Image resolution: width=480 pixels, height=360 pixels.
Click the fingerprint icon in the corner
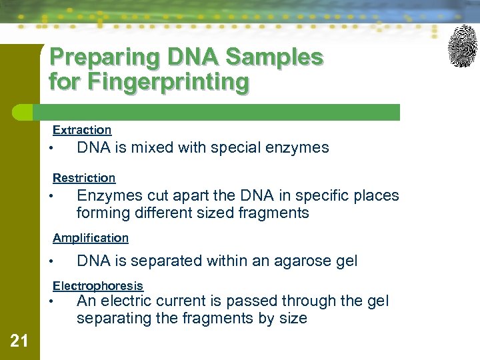tap(462, 46)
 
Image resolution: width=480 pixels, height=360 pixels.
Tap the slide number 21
tap(19, 341)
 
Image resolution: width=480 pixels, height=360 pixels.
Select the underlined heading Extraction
tap(82, 130)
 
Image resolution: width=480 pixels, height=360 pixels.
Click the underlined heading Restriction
tap(84, 178)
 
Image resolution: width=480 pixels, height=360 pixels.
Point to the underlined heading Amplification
tap(91, 238)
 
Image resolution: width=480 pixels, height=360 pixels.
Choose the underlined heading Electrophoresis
tap(98, 286)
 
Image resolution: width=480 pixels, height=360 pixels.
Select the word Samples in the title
tap(274, 58)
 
